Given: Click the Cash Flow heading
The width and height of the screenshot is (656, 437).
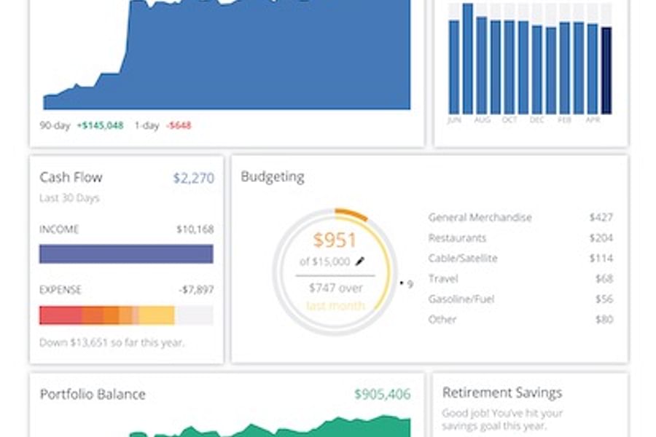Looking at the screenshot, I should coord(71,177).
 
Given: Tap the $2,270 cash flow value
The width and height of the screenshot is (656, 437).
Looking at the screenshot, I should coord(193,177).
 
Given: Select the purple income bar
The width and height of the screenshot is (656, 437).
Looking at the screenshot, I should coord(126,253).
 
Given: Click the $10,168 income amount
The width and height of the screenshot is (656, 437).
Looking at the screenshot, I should coord(195,229).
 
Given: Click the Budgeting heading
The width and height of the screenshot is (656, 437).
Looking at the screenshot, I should coord(273,177).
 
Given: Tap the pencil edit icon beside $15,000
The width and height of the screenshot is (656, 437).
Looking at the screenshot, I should coord(359,261).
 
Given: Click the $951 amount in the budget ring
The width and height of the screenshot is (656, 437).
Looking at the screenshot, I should coord(335,240).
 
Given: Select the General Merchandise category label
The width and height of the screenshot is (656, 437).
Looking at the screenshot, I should coord(480,217).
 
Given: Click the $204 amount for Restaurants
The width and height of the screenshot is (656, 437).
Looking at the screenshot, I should coord(601,237).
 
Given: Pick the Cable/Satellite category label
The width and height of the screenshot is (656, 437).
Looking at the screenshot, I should coord(463,258).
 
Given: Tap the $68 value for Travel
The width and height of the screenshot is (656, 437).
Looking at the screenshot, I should coord(604,278).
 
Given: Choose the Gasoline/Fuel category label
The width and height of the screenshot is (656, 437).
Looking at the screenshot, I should coord(460,299).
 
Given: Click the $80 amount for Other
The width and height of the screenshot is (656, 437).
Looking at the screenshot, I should coord(604,319).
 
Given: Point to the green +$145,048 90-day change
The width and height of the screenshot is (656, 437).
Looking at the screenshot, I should coord(101,125).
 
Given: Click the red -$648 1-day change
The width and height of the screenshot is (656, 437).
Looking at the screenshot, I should coord(179,125).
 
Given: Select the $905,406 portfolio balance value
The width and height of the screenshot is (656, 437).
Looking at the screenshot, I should coord(382,394).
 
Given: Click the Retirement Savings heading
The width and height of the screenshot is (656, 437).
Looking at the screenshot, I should coord(502,393).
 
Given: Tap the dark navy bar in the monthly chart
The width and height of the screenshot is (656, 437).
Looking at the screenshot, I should coord(606,70).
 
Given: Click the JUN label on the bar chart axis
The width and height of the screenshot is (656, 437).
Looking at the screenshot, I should coord(454,120).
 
